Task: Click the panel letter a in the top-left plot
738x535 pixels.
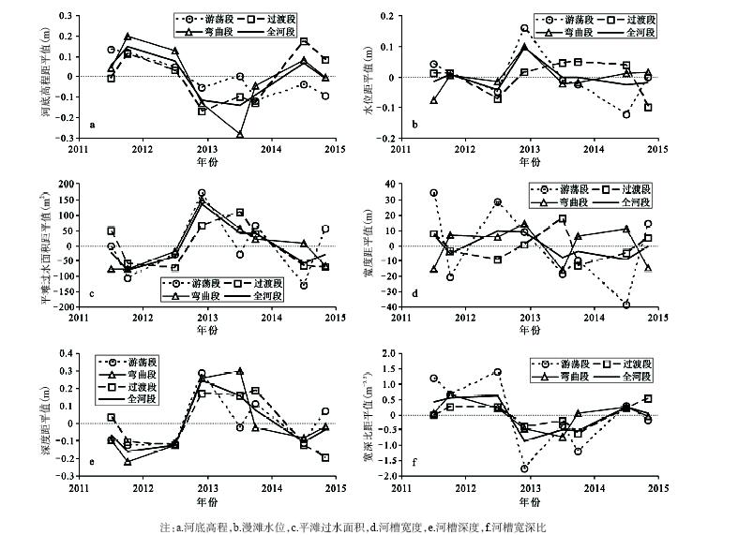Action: click(x=91, y=125)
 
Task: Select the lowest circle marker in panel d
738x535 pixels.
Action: click(x=626, y=305)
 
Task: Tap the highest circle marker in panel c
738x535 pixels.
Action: click(x=202, y=193)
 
